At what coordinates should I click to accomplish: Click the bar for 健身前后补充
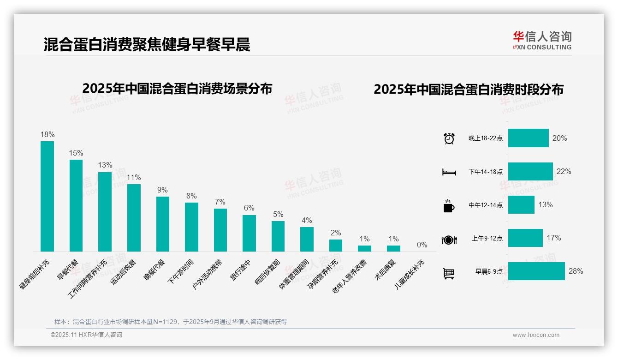pos(47,196)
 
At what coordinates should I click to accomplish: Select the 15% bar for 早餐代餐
pos(76,205)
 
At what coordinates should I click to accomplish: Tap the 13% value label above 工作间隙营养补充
pos(105,165)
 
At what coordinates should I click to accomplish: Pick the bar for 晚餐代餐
pos(162,224)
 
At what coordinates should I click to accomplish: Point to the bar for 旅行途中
pos(249,233)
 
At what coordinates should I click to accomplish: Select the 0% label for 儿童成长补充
pos(422,245)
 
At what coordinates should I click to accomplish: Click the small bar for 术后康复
pos(393,248)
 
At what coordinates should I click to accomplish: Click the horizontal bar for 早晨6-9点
pos(536,271)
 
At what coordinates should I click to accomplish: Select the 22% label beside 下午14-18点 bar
pos(564,172)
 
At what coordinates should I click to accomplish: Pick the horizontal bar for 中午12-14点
pos(521,205)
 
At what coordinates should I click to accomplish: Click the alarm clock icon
pos(449,138)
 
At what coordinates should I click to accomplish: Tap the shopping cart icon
pos(449,273)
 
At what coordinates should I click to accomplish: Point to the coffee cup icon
pos(449,206)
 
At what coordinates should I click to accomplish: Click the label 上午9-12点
pos(487,239)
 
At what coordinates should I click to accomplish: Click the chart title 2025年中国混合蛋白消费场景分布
pos(177,89)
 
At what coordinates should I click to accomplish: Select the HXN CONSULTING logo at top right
pos(542,41)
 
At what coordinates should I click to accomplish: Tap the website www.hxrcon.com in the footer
pos(536,335)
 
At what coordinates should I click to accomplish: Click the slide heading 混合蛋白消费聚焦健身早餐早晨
pos(147,45)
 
